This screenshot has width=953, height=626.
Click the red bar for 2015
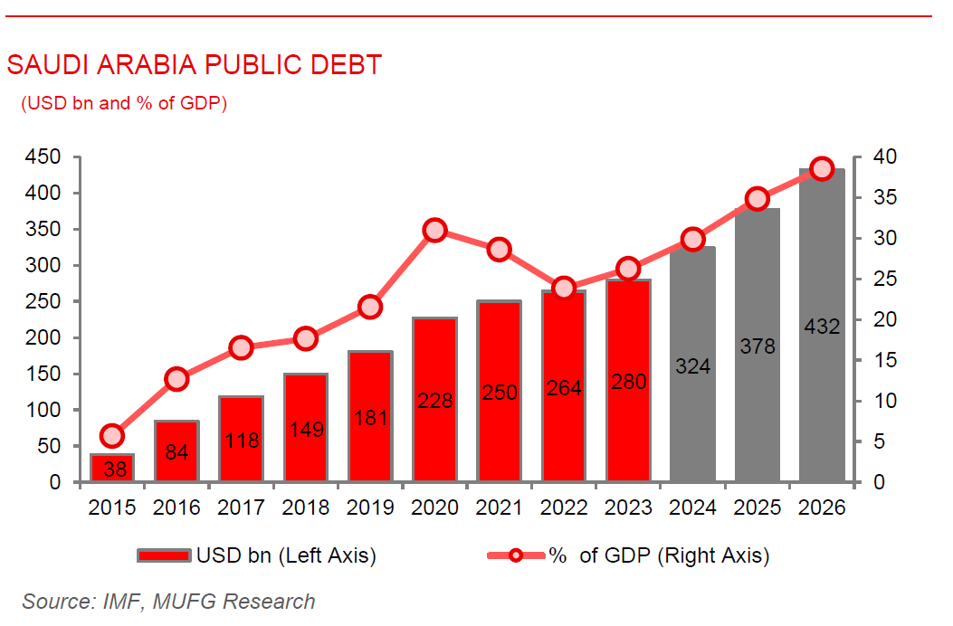pos(112,468)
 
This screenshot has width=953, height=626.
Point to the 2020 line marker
pos(435,230)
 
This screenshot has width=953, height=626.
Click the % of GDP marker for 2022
pos(564,289)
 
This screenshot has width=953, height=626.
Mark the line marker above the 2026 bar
pos(822,168)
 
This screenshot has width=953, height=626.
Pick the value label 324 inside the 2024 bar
pos(692,366)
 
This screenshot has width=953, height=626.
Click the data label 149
pos(306,430)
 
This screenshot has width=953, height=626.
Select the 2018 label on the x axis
pos(306,508)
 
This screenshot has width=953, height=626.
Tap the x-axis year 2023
pos(628,508)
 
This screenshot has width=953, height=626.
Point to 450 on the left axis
pos(43,157)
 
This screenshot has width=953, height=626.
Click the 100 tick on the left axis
pos(43,410)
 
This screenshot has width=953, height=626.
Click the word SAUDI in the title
pos(42,65)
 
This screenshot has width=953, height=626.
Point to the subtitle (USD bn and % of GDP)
pos(124,103)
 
